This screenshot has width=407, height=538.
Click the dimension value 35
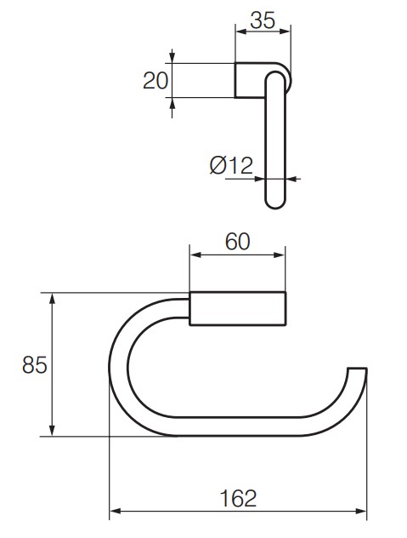(263, 21)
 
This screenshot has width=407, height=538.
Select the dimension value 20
(155, 80)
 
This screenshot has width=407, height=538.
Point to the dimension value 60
(237, 242)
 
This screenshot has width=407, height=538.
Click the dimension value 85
(33, 365)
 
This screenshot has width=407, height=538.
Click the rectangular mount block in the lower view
(238, 308)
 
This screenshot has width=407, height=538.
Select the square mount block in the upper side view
(248, 80)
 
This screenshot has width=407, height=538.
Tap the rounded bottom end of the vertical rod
(277, 203)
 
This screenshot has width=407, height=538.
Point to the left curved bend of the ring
(120, 366)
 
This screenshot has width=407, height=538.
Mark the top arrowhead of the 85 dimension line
(53, 298)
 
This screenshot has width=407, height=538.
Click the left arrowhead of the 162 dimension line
(115, 512)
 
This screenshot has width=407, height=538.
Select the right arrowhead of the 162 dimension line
(362, 512)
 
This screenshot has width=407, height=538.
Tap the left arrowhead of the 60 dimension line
(194, 255)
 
